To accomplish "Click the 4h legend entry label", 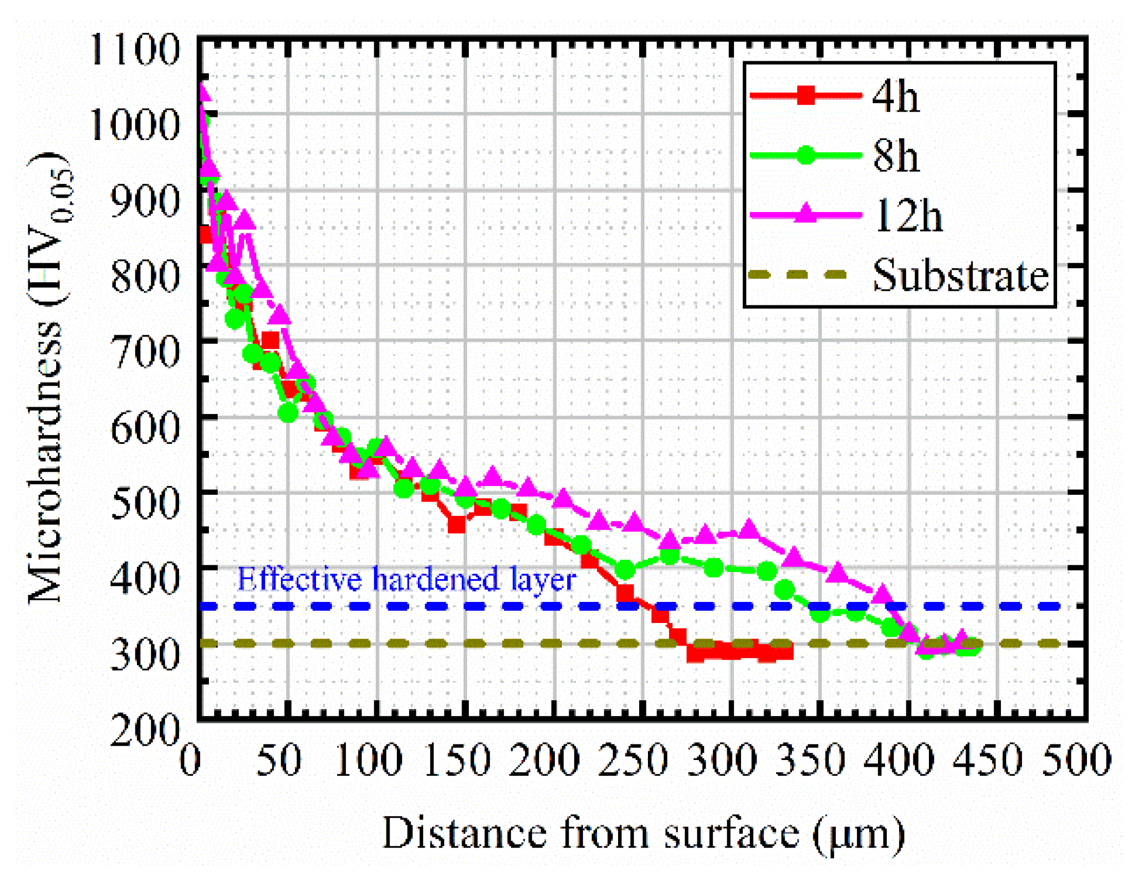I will tap(895, 97).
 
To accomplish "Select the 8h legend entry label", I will tap(895, 157).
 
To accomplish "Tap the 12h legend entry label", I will tap(907, 216).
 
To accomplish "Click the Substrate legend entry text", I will tap(960, 275).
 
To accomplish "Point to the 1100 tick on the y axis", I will tap(135, 51).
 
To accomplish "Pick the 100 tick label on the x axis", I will tap(367, 759).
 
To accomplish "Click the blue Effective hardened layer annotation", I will tap(406, 580).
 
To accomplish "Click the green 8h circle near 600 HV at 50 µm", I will tap(288, 413).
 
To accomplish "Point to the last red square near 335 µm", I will tap(785, 651).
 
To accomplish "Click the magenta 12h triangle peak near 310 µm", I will tap(749, 529).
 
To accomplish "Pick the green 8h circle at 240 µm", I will tap(625, 569).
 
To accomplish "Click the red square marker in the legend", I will tap(806, 96).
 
